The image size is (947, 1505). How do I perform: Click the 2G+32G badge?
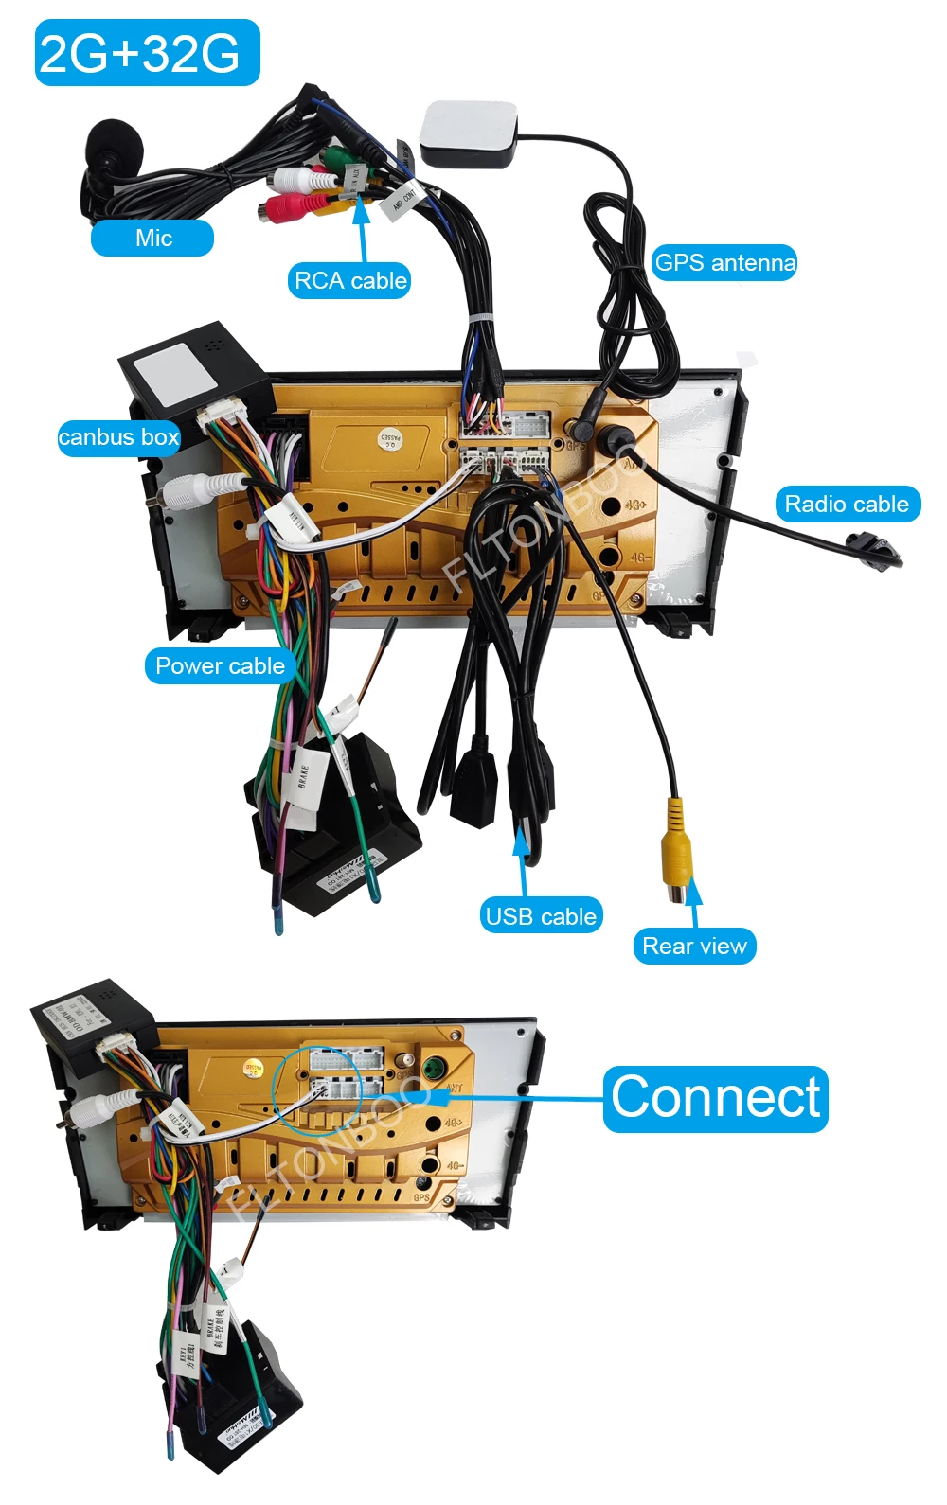(x=147, y=53)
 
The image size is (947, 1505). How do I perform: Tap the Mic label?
(x=152, y=238)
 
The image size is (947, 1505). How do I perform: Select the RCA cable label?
(x=349, y=280)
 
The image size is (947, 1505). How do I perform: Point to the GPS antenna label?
(x=724, y=262)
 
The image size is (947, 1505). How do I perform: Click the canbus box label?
(x=118, y=437)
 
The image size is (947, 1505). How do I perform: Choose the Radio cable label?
(x=847, y=504)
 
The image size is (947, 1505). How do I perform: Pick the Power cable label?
(x=220, y=665)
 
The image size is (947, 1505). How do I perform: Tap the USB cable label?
(x=540, y=915)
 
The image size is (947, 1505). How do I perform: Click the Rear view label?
(x=694, y=946)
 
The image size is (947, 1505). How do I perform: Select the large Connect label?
(x=716, y=1098)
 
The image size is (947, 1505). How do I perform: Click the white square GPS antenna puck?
(x=469, y=133)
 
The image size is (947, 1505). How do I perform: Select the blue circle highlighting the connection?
(x=316, y=1089)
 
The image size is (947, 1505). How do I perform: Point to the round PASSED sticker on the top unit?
(x=390, y=437)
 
